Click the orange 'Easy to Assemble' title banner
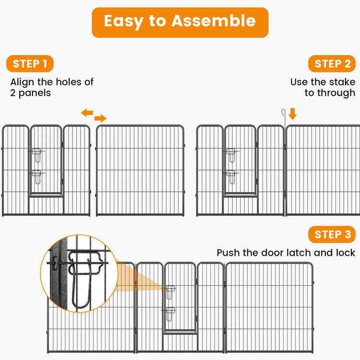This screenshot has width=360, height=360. coord(180,22)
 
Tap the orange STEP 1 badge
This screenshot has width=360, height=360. coord(30,64)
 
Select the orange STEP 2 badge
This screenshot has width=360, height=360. coord(332,64)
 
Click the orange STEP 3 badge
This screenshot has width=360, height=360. coord(332,235)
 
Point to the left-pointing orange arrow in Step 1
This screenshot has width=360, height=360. coord(87,113)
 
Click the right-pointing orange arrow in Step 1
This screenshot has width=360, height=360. coord(100,119)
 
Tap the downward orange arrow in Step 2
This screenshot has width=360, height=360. coord(293,114)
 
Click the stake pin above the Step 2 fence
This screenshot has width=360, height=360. coord(284,118)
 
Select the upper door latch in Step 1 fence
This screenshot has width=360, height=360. coord(37,155)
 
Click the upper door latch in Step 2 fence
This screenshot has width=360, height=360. coord(231,155)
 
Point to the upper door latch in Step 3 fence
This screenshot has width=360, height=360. coord(171,291)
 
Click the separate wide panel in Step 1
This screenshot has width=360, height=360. coord(140,170)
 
